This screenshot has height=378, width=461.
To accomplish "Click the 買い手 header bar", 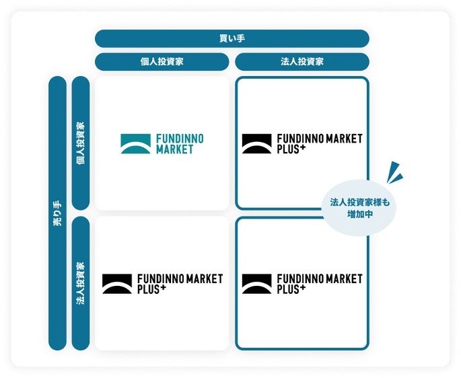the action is (x=232, y=38).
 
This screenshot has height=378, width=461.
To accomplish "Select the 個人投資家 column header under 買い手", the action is (x=162, y=62).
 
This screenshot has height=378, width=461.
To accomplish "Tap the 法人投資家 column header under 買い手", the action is (x=302, y=62).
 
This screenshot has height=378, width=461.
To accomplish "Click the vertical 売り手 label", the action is (x=57, y=213).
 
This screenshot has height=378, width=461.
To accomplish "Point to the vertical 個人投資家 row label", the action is (x=81, y=143).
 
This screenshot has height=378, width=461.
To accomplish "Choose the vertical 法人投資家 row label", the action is (x=81, y=283).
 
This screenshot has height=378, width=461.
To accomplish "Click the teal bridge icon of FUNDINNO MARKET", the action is (x=135, y=144).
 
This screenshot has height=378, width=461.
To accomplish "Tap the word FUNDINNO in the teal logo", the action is (x=180, y=139).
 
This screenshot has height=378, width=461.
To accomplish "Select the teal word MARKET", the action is (x=174, y=149).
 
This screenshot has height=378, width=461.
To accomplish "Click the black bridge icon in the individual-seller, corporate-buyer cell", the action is (x=256, y=144).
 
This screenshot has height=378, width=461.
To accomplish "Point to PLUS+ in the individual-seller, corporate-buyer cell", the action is (x=291, y=149).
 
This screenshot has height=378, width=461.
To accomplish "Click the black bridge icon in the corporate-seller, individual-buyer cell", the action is (x=117, y=284).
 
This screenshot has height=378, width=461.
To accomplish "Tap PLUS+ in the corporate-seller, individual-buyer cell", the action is (x=151, y=289).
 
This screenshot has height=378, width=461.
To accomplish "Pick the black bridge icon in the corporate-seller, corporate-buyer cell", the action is (x=256, y=284).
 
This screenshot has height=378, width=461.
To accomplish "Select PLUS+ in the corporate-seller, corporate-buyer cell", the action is (x=291, y=289).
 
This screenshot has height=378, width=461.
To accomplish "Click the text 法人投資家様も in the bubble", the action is (x=360, y=202).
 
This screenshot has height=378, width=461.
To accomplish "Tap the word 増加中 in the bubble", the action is (x=360, y=215).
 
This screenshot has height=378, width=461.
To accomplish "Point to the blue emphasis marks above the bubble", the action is (x=394, y=173).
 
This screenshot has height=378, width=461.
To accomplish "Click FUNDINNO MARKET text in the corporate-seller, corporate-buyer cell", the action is (x=320, y=278).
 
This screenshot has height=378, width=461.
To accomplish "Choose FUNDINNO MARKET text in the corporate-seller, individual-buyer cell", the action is (x=180, y=278).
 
